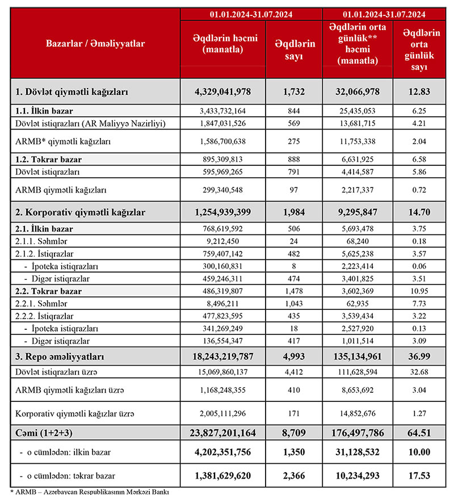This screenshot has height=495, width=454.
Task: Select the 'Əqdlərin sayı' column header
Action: (293, 49)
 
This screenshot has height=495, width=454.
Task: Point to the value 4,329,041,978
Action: (222, 91)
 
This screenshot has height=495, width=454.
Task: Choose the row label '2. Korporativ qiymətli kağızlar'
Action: (80, 212)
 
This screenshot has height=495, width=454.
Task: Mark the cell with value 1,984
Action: (293, 212)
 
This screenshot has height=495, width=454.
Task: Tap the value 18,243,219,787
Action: (222, 356)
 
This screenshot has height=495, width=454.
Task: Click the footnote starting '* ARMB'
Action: (91, 491)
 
